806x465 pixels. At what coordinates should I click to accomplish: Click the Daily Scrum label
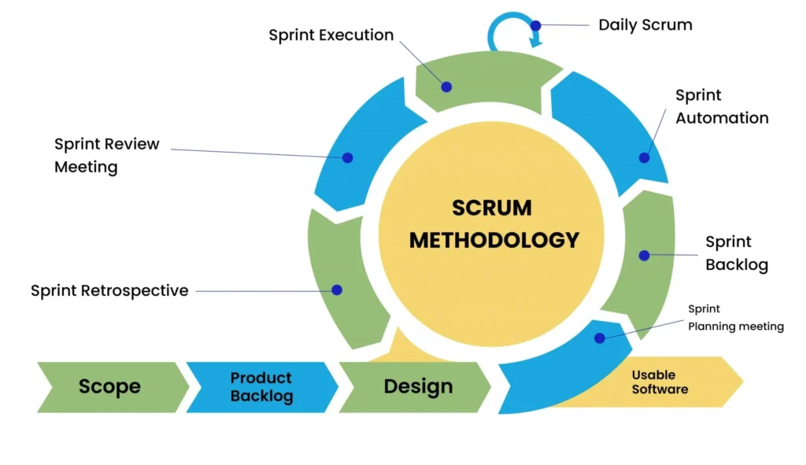(x=645, y=24)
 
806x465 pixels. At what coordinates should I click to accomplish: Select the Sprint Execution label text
(x=331, y=35)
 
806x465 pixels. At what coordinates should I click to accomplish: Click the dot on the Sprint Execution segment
(x=446, y=87)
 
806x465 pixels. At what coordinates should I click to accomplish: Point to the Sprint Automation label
(x=721, y=106)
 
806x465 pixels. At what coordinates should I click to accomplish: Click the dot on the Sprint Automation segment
(x=644, y=157)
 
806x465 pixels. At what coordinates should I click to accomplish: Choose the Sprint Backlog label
(x=735, y=253)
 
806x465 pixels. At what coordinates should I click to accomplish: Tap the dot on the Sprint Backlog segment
(x=644, y=255)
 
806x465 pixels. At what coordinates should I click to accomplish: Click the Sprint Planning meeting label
(x=735, y=318)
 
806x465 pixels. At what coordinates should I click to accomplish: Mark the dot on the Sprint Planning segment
(x=600, y=338)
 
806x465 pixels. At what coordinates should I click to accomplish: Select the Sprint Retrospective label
(x=109, y=290)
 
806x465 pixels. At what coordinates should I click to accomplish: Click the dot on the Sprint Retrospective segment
(x=337, y=290)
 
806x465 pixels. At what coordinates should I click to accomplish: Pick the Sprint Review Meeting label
(x=106, y=155)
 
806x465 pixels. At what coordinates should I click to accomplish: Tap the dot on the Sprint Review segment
(x=347, y=157)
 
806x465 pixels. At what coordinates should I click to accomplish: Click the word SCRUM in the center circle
(x=491, y=208)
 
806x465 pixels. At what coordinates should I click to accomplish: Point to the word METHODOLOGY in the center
(x=494, y=240)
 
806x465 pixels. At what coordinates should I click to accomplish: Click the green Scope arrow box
(x=110, y=386)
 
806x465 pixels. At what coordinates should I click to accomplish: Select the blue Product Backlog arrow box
(x=261, y=386)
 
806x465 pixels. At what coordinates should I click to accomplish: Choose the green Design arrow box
(x=417, y=386)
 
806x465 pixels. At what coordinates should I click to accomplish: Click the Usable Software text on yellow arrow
(x=659, y=382)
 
